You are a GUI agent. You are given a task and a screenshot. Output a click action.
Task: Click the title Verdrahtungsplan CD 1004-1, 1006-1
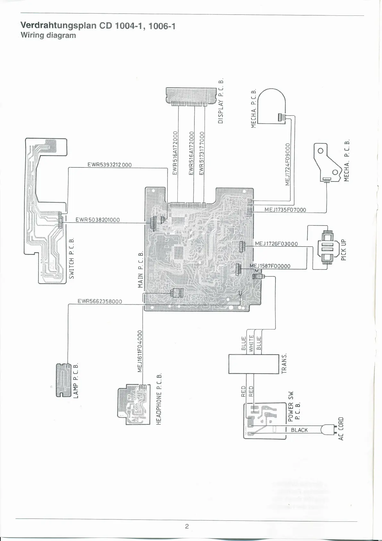point(98,26)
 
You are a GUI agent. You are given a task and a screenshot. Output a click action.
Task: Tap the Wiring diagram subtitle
point(48,35)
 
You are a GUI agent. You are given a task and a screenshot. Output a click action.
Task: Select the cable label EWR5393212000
point(109,165)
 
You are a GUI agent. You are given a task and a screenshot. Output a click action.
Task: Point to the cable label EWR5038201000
point(98,220)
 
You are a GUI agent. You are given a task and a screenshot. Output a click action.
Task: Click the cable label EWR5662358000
point(100,301)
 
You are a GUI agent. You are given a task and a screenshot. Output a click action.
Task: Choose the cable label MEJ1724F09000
point(287,164)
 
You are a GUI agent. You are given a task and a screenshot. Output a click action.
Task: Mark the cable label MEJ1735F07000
point(285,210)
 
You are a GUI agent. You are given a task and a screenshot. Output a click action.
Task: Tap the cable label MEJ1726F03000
point(276,244)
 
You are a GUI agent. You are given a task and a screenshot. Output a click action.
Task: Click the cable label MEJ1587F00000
point(270,266)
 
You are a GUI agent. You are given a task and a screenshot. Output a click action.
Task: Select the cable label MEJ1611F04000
point(140,351)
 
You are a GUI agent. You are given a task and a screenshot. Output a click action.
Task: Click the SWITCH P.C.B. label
point(72,258)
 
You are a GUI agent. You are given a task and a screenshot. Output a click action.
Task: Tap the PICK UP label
point(344,250)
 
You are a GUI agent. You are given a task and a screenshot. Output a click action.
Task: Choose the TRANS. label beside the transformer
point(284,363)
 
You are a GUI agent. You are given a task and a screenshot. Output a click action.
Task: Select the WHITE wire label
point(251,343)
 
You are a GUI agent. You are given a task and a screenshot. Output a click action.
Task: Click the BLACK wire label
point(299,430)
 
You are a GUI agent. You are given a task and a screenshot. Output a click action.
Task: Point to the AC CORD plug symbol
point(328,430)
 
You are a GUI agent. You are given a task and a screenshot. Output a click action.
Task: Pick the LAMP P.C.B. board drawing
point(64,380)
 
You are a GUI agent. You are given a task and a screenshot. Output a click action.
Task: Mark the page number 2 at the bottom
point(187,526)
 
